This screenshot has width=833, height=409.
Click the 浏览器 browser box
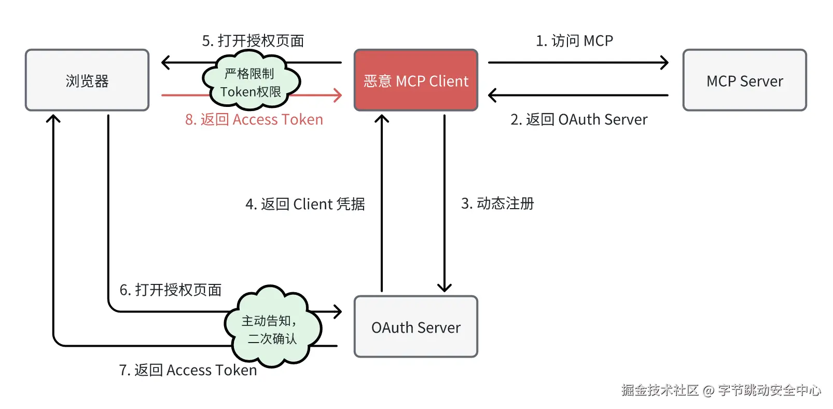click(x=87, y=80)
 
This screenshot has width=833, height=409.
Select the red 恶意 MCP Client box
click(x=415, y=80)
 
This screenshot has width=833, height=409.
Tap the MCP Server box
click(x=744, y=80)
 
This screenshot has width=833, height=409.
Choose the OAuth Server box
click(x=415, y=327)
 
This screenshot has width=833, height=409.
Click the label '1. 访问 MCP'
click(x=574, y=40)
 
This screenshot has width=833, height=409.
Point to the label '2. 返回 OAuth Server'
click(x=579, y=120)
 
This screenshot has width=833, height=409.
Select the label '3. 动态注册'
click(x=497, y=203)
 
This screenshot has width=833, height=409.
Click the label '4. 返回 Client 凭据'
click(x=305, y=204)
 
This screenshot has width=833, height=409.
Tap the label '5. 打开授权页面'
click(x=253, y=40)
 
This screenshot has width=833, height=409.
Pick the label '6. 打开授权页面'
click(x=171, y=290)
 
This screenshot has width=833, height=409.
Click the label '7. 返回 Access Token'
click(x=188, y=370)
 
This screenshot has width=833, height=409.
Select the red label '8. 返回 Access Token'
click(x=254, y=120)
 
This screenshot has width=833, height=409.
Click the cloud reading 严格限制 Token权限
click(x=251, y=82)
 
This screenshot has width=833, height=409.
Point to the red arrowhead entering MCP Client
click(x=338, y=96)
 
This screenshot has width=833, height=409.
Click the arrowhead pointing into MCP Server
click(x=664, y=63)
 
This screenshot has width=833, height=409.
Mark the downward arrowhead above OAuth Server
click(x=445, y=288)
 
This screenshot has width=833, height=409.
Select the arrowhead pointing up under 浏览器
click(x=53, y=119)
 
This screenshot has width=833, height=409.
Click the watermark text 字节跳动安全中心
click(x=770, y=390)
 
